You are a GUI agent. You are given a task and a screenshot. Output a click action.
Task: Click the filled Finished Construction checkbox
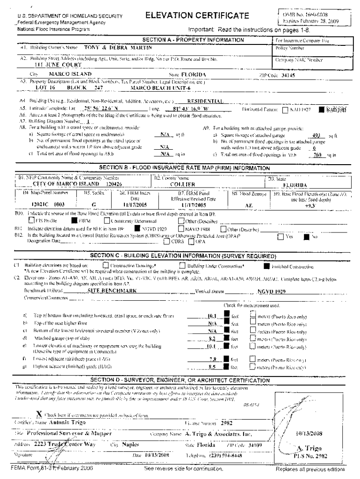pos(266,267)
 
